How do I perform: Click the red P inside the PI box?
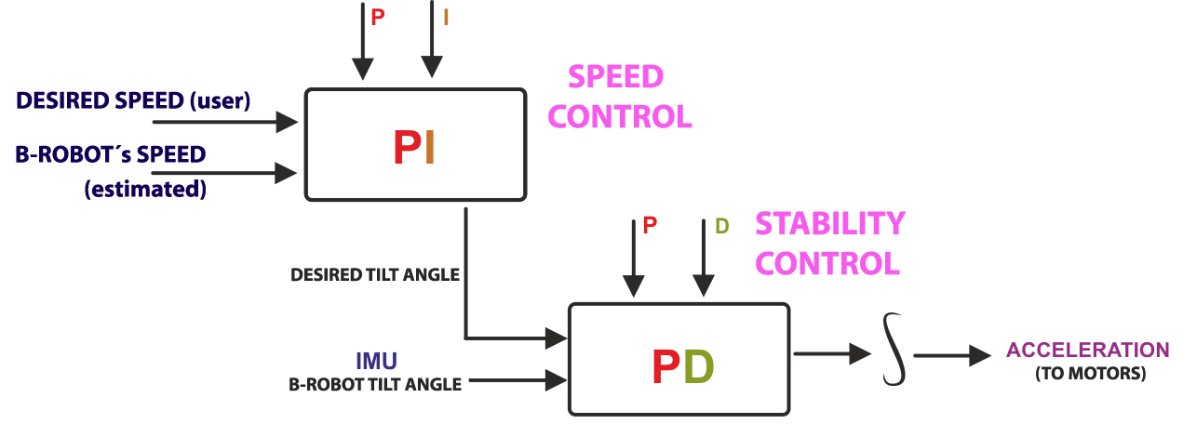pos(407,147)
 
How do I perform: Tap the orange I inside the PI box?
pos(429,147)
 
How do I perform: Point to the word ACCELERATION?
pos(1088,351)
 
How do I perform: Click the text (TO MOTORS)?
pos(1089,374)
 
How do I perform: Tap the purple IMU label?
pos(376,360)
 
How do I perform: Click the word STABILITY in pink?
pos(829,223)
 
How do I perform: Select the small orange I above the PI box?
pos(446,18)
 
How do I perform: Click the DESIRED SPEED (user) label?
pos(133,100)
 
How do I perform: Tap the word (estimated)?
pos(144,189)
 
